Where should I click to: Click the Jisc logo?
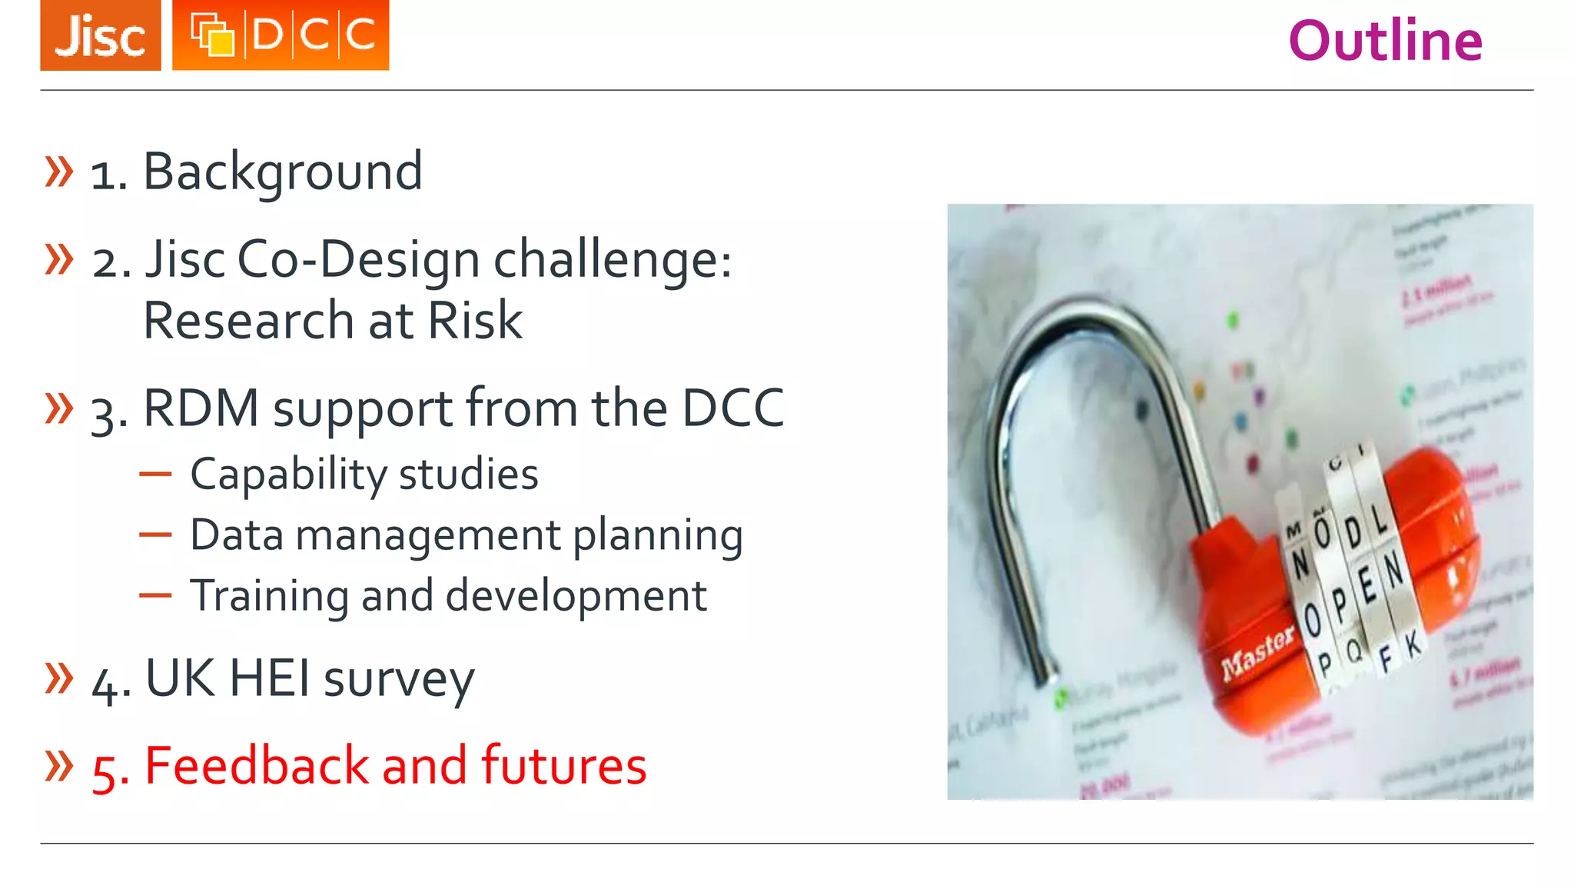101,35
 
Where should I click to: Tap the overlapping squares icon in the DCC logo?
212,35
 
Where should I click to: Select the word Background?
283,172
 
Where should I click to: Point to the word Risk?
475,321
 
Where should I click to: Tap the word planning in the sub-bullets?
658,536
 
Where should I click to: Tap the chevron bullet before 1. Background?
59,172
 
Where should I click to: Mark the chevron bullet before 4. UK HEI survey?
59,678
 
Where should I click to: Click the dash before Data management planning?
155,535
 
